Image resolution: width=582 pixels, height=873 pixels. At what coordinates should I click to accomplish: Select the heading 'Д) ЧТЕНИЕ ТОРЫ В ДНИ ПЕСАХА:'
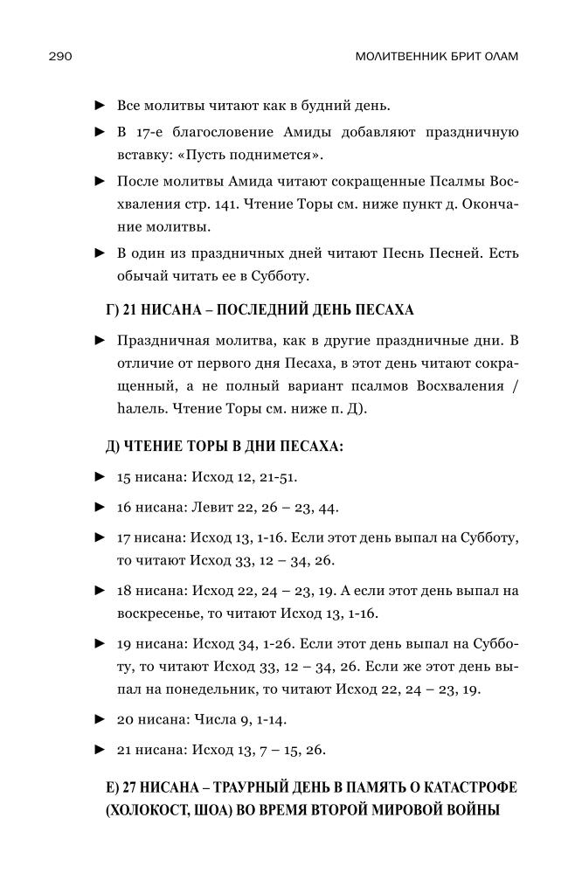223,447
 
